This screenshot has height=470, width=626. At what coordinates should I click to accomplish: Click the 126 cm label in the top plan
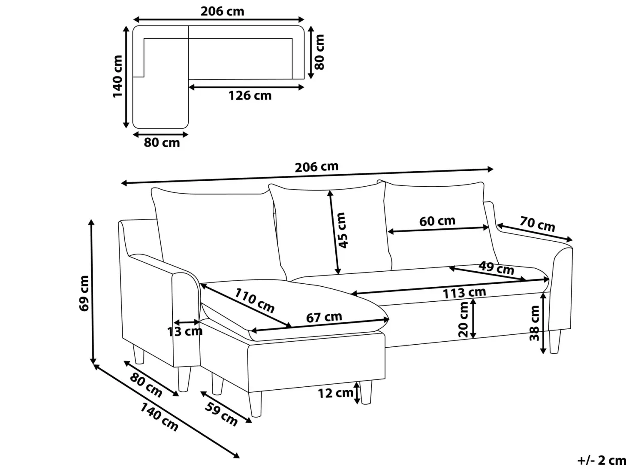(250, 96)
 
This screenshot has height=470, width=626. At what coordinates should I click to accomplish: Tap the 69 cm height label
(84, 293)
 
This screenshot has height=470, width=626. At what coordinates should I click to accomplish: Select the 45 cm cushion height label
(342, 230)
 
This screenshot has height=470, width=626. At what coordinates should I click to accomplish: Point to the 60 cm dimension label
(437, 221)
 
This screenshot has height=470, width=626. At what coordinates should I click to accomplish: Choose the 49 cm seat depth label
(496, 268)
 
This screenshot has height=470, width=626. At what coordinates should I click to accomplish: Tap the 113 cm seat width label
(464, 292)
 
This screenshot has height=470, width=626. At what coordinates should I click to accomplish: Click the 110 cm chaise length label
(254, 300)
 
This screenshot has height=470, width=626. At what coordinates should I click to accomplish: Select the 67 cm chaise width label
(324, 317)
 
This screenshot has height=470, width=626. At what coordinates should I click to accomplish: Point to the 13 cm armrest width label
(185, 332)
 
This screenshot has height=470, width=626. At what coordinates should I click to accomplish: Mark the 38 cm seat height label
(534, 323)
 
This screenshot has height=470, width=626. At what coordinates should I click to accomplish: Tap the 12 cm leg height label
(336, 393)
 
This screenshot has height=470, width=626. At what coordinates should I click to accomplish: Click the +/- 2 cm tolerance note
(602, 460)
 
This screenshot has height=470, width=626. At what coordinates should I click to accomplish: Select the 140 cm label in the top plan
(117, 76)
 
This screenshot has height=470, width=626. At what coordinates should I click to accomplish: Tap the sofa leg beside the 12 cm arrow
(366, 392)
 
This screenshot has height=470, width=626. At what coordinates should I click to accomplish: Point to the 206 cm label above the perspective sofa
(316, 167)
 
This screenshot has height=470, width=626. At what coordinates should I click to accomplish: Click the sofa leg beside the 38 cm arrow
(555, 342)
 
